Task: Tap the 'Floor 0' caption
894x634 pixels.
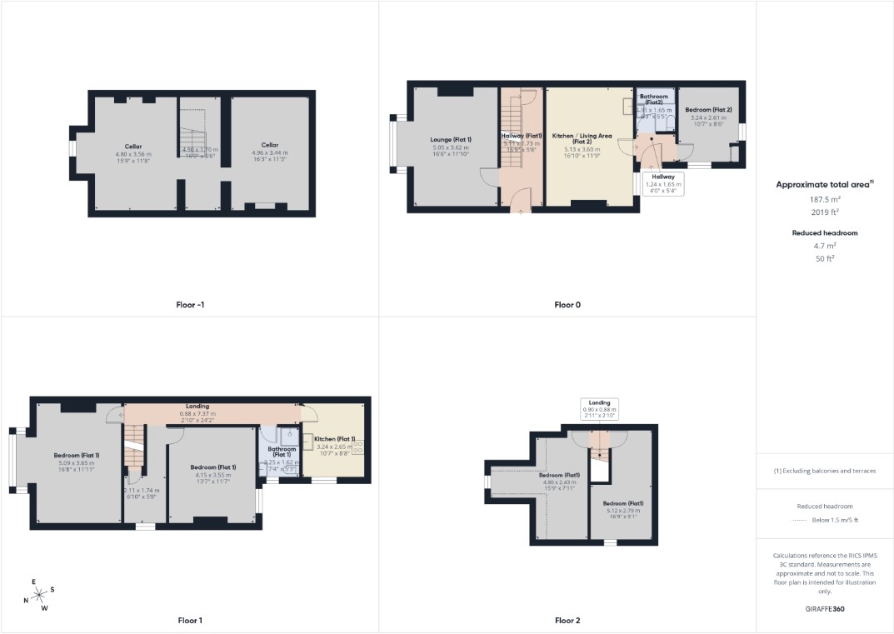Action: coord(567,305)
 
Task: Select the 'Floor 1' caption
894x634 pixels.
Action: coord(189,621)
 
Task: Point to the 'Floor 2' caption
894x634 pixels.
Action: coord(567,621)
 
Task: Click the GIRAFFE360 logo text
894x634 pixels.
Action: coord(824,609)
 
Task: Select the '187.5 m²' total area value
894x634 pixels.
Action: coord(824,200)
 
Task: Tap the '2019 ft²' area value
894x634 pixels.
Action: coord(824,213)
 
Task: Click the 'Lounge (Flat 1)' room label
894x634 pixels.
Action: coord(451,139)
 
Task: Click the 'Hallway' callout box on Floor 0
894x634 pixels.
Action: coord(663,183)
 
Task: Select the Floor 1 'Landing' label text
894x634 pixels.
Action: coord(197,407)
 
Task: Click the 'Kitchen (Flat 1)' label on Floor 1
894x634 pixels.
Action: coord(335,439)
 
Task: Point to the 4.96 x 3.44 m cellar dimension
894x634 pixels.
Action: coord(269,153)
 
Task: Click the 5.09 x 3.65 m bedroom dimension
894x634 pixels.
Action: coord(77,462)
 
